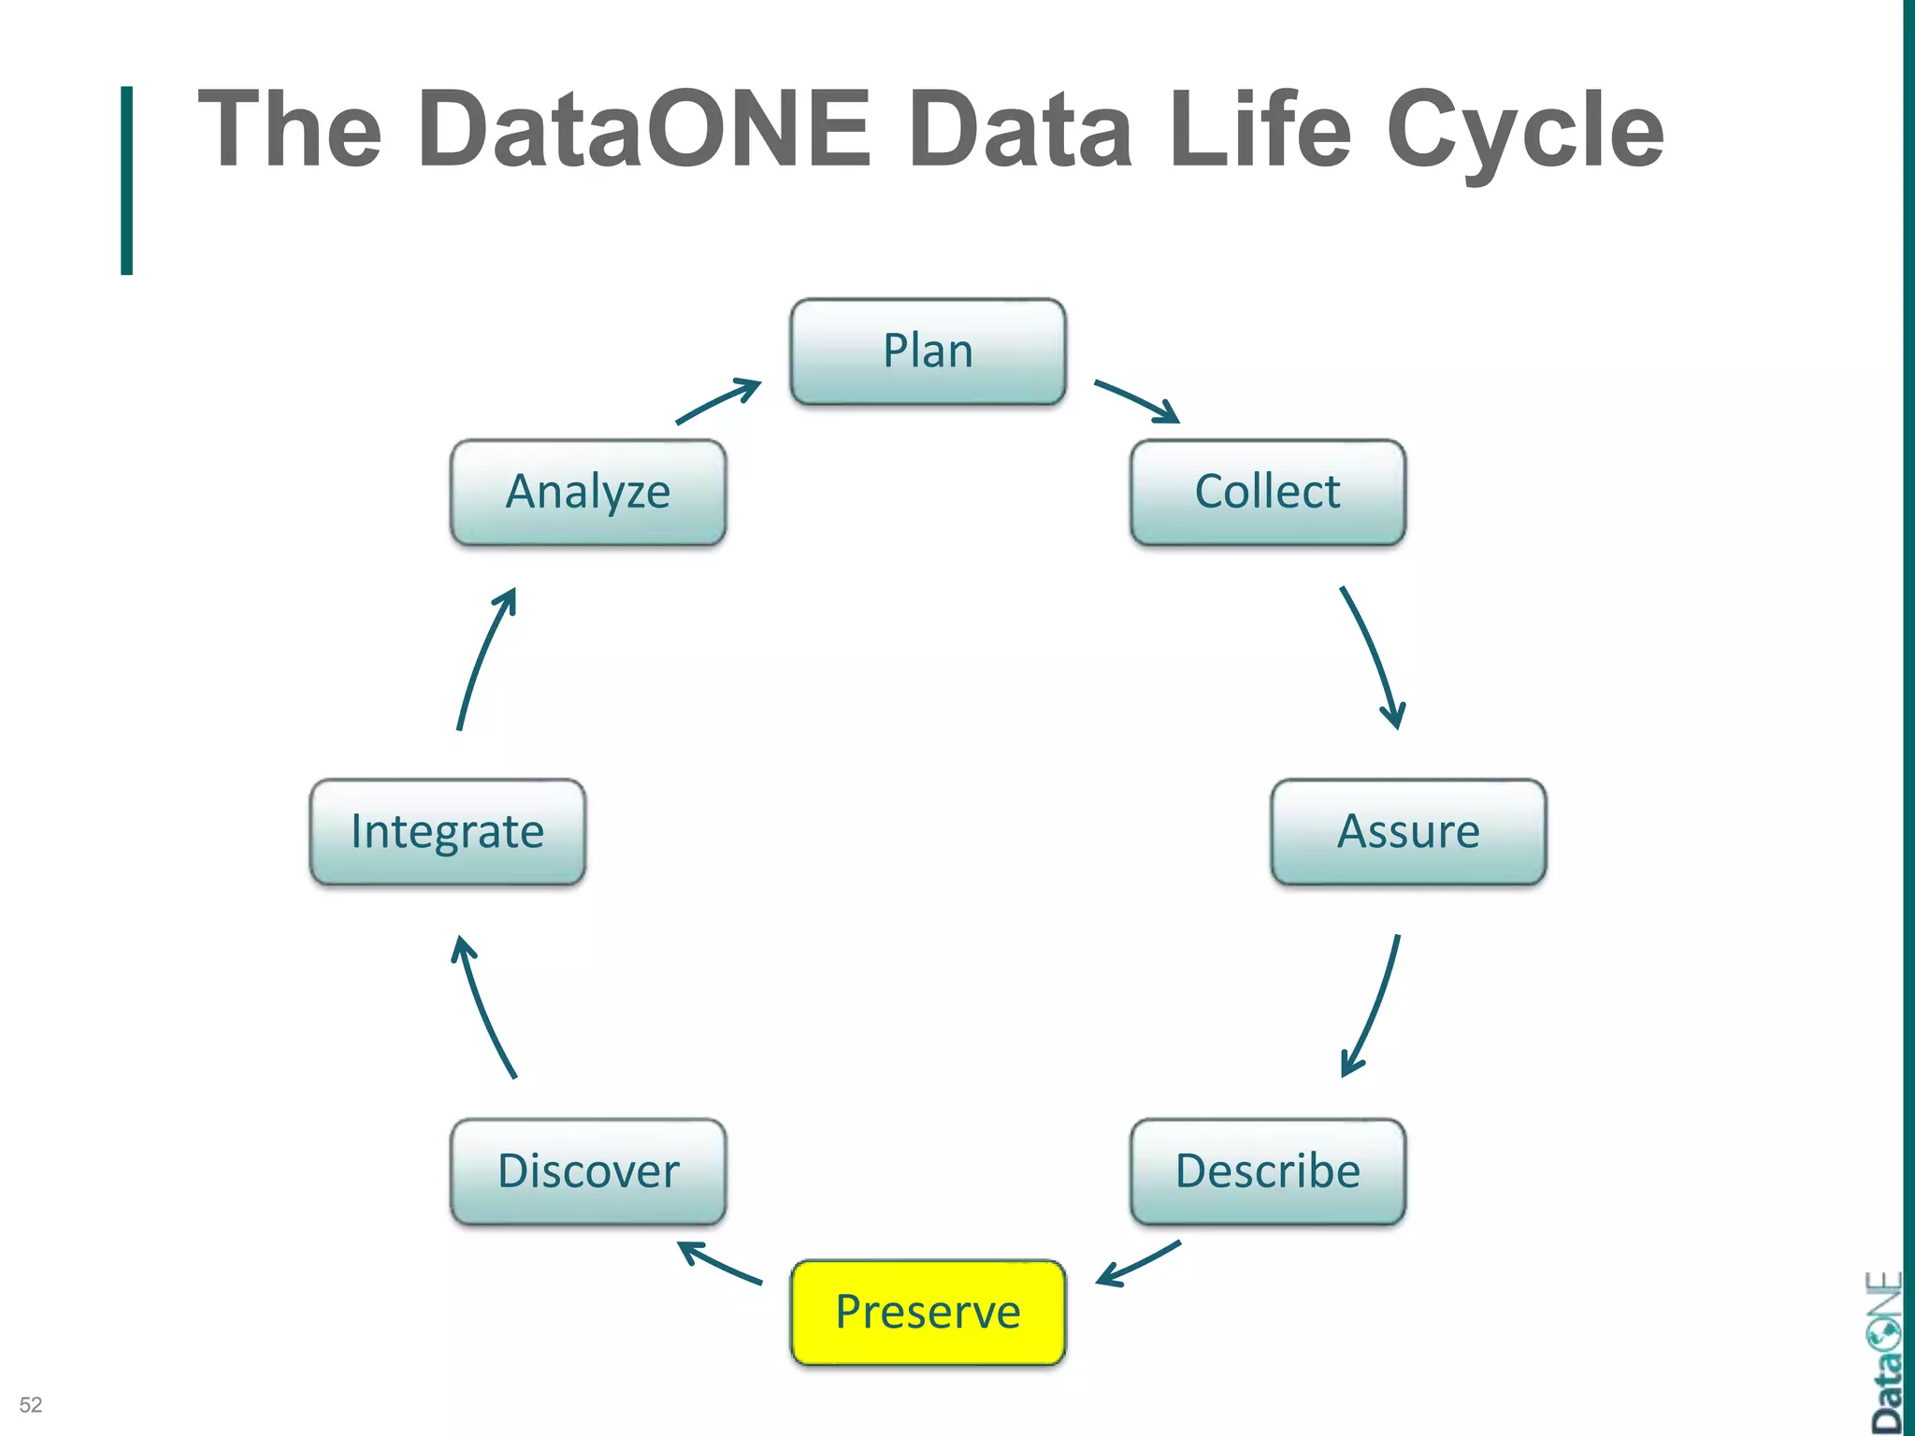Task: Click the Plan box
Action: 928,352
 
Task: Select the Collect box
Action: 1267,492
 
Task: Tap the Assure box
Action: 1408,831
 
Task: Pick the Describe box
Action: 1267,1171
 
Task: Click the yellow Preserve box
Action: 928,1312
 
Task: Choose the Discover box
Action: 588,1171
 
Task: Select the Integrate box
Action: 447,831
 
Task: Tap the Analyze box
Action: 588,492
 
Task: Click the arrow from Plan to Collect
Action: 1136,401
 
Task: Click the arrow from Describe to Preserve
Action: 1138,1264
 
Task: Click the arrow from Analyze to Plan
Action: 718,401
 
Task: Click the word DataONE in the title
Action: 644,129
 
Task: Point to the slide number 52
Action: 31,1404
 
